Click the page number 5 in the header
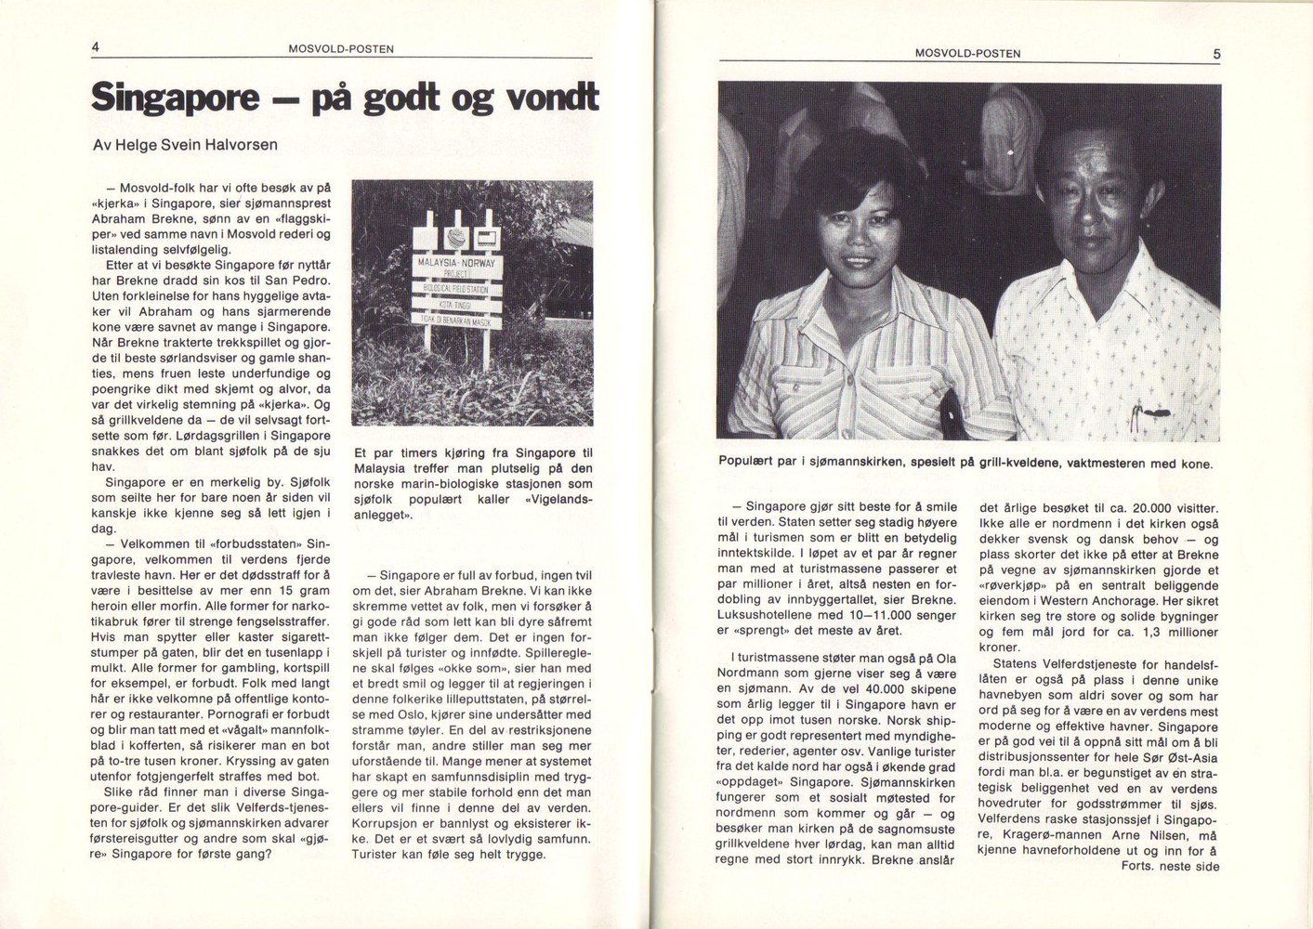(x=1216, y=54)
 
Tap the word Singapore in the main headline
(x=175, y=97)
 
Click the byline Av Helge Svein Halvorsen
(x=185, y=145)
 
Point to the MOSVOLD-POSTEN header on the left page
(x=341, y=49)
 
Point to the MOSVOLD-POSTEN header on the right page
(x=967, y=54)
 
